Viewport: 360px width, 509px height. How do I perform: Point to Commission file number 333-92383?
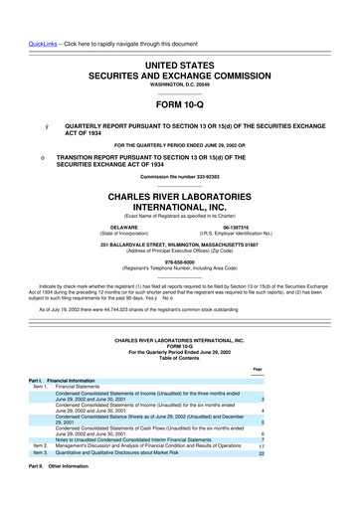pos(180,175)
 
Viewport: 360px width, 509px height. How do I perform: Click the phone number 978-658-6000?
pos(180,263)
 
